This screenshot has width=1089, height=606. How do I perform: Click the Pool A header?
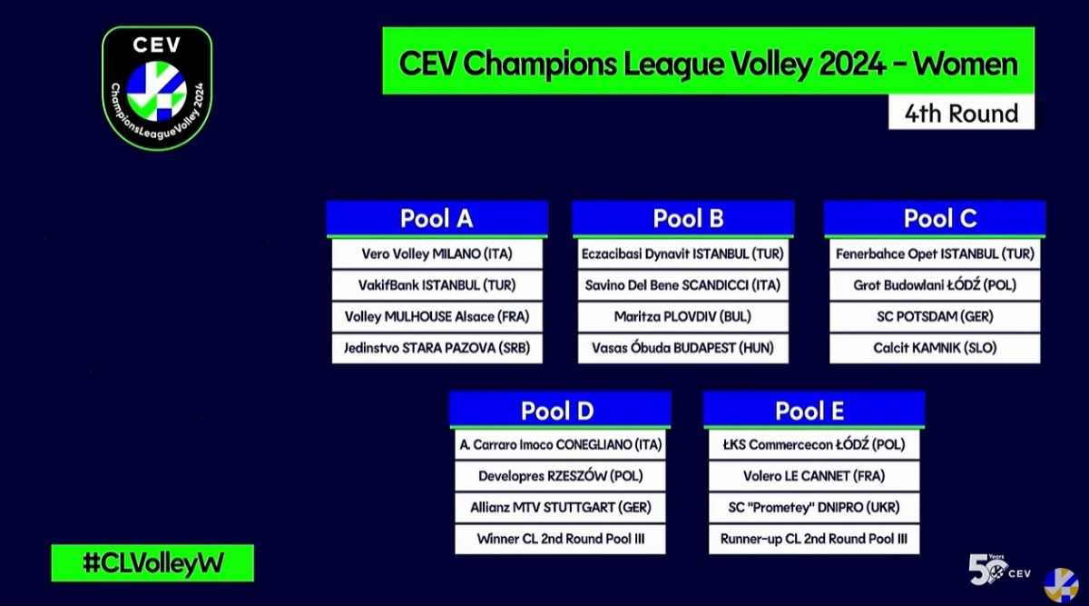(x=437, y=219)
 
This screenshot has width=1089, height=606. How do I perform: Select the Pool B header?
(x=683, y=219)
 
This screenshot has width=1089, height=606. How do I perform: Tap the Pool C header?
(x=935, y=219)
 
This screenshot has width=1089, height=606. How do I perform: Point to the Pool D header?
(x=560, y=411)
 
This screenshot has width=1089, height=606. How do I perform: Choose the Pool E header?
(x=814, y=411)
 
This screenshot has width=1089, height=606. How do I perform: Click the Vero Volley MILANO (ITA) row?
(x=437, y=254)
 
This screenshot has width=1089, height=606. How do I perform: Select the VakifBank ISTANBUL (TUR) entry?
(x=437, y=285)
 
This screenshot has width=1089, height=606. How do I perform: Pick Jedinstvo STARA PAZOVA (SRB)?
(x=437, y=348)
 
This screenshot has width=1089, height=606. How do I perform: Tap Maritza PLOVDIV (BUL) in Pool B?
(x=683, y=317)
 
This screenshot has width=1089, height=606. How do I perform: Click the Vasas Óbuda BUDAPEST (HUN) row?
(x=683, y=348)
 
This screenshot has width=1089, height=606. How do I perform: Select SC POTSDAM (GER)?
(x=935, y=317)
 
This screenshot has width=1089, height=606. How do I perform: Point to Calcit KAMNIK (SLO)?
(x=935, y=348)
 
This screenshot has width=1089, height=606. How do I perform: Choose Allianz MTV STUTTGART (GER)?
(x=560, y=508)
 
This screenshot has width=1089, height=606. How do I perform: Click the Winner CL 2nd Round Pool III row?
(x=560, y=540)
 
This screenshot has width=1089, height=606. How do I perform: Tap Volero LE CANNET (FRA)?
(x=814, y=476)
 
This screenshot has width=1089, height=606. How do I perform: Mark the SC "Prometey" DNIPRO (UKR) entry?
(x=814, y=508)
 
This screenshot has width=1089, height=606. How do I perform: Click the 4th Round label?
(x=961, y=114)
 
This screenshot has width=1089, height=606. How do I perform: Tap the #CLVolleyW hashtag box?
(x=152, y=563)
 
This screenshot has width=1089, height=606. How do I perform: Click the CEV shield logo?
(x=157, y=88)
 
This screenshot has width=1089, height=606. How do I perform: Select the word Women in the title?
(x=965, y=64)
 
